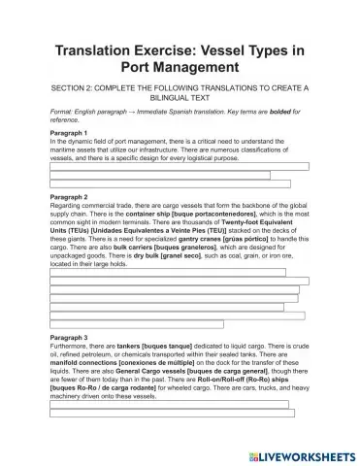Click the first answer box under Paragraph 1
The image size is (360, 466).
tap(180, 167)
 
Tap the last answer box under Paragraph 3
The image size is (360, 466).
tap(151, 413)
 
